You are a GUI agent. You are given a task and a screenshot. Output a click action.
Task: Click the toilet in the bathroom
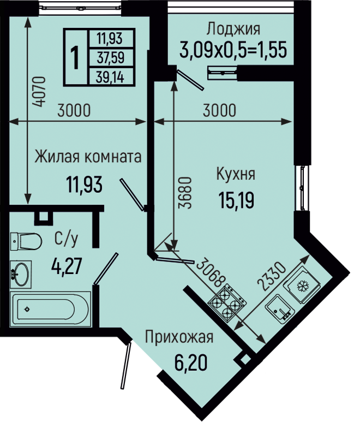click(x=26, y=241)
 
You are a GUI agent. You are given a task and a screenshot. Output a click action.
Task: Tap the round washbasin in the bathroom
click(x=21, y=274)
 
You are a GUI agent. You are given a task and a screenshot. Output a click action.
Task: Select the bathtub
click(x=51, y=309)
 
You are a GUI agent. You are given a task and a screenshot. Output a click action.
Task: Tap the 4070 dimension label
click(x=39, y=92)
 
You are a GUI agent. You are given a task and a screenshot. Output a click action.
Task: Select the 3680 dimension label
click(x=186, y=193)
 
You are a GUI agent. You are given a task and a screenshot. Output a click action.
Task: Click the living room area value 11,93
click(x=85, y=185)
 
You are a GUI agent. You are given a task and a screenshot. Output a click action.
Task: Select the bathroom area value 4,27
click(x=67, y=266)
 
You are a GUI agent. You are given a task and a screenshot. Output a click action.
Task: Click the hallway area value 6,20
click(x=191, y=362)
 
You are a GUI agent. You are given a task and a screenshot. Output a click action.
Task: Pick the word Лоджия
click(x=233, y=29)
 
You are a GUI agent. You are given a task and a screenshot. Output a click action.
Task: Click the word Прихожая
click(x=179, y=337)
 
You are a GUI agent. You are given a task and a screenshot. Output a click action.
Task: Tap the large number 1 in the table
click(x=75, y=57)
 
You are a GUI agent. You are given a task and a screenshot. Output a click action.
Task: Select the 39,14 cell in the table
click(x=111, y=78)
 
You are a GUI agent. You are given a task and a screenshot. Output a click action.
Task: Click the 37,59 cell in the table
click(x=111, y=58)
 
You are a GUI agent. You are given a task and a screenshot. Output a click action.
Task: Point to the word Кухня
click(x=236, y=174)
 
